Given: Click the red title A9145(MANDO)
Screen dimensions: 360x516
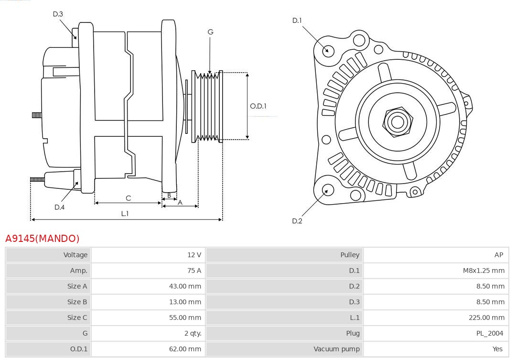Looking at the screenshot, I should pyautogui.click(x=42, y=239).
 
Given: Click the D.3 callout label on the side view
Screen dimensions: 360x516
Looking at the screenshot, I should pyautogui.click(x=58, y=14).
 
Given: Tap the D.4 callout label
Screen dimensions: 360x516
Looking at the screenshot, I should pyautogui.click(x=59, y=207).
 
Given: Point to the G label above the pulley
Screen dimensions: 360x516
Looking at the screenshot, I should pyautogui.click(x=210, y=32).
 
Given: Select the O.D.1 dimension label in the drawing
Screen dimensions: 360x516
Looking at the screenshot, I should pyautogui.click(x=258, y=106).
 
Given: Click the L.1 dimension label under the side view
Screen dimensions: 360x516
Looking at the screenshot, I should pyautogui.click(x=125, y=214).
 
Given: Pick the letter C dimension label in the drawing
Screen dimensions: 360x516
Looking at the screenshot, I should pyautogui.click(x=128, y=198).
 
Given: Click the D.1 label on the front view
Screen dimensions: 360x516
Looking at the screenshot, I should pyautogui.click(x=297, y=21).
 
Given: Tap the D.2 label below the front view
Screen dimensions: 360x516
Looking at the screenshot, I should pyautogui.click(x=297, y=221).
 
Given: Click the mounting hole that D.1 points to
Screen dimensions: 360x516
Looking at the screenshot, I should pyautogui.click(x=328, y=50).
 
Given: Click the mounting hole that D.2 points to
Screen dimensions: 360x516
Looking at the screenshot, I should pyautogui.click(x=327, y=190).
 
